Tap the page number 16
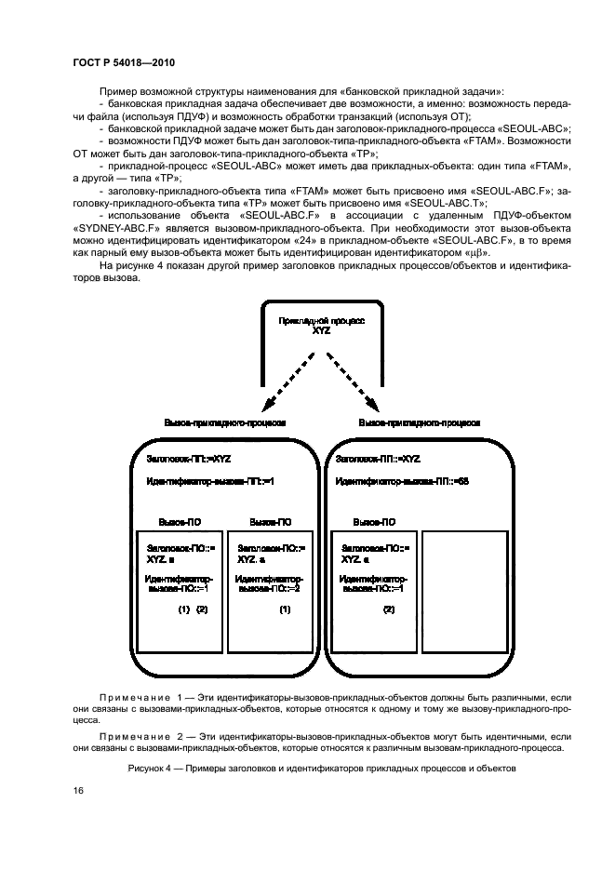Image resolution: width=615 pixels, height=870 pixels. pos(79,790)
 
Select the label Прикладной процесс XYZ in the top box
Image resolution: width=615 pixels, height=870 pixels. pos(322,324)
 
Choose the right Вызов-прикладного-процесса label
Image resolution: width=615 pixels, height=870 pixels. pos(420,422)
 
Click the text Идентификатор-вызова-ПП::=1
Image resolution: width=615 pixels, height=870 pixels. pos(211,482)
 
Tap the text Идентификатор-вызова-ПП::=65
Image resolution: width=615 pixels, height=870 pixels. pos(402,482)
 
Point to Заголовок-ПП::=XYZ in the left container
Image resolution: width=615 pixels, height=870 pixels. pos(189,459)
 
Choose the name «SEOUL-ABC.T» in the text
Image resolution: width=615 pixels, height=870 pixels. pos(455,202)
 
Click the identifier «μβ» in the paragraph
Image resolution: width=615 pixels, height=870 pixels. pos(477,252)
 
